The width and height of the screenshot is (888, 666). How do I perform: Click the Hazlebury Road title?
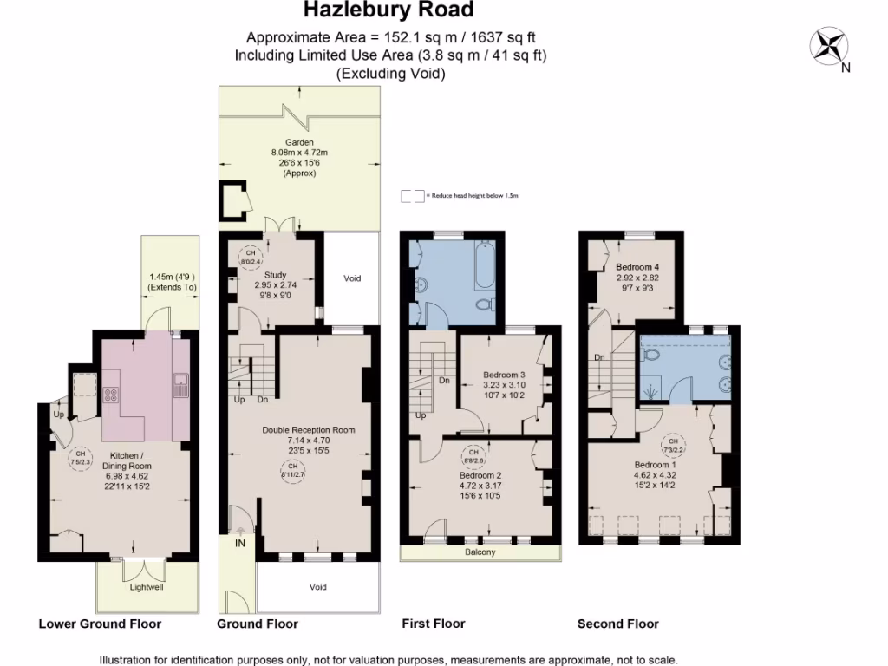pyautogui.click(x=388, y=10)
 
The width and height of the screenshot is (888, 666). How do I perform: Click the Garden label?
pyautogui.click(x=299, y=142)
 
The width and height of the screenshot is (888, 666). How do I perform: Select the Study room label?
pyautogui.click(x=275, y=276)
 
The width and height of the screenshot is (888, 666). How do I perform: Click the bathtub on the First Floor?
pyautogui.click(x=484, y=264)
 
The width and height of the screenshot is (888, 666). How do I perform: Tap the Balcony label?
pyautogui.click(x=480, y=552)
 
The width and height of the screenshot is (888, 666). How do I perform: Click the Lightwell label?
pyautogui.click(x=146, y=587)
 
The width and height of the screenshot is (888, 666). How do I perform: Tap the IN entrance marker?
pyautogui.click(x=240, y=543)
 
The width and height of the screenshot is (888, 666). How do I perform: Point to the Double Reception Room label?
pyautogui.click(x=308, y=429)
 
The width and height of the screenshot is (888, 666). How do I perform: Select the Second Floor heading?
pyautogui.click(x=617, y=624)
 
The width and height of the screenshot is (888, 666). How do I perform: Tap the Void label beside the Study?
pyautogui.click(x=351, y=278)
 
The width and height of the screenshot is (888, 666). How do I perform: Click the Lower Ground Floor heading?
pyautogui.click(x=100, y=624)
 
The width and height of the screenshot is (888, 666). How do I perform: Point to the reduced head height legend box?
pyautogui.click(x=412, y=196)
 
